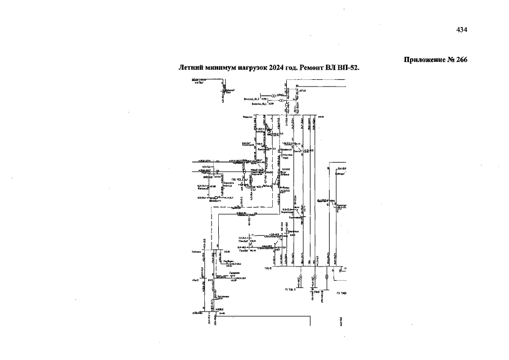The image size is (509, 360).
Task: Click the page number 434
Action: click(x=462, y=30)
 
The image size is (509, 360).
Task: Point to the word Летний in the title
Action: click(x=191, y=67)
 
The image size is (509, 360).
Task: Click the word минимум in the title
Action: click(x=220, y=67)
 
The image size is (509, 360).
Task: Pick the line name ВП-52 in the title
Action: click(x=349, y=67)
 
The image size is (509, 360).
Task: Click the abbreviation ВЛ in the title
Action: click(x=332, y=67)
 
